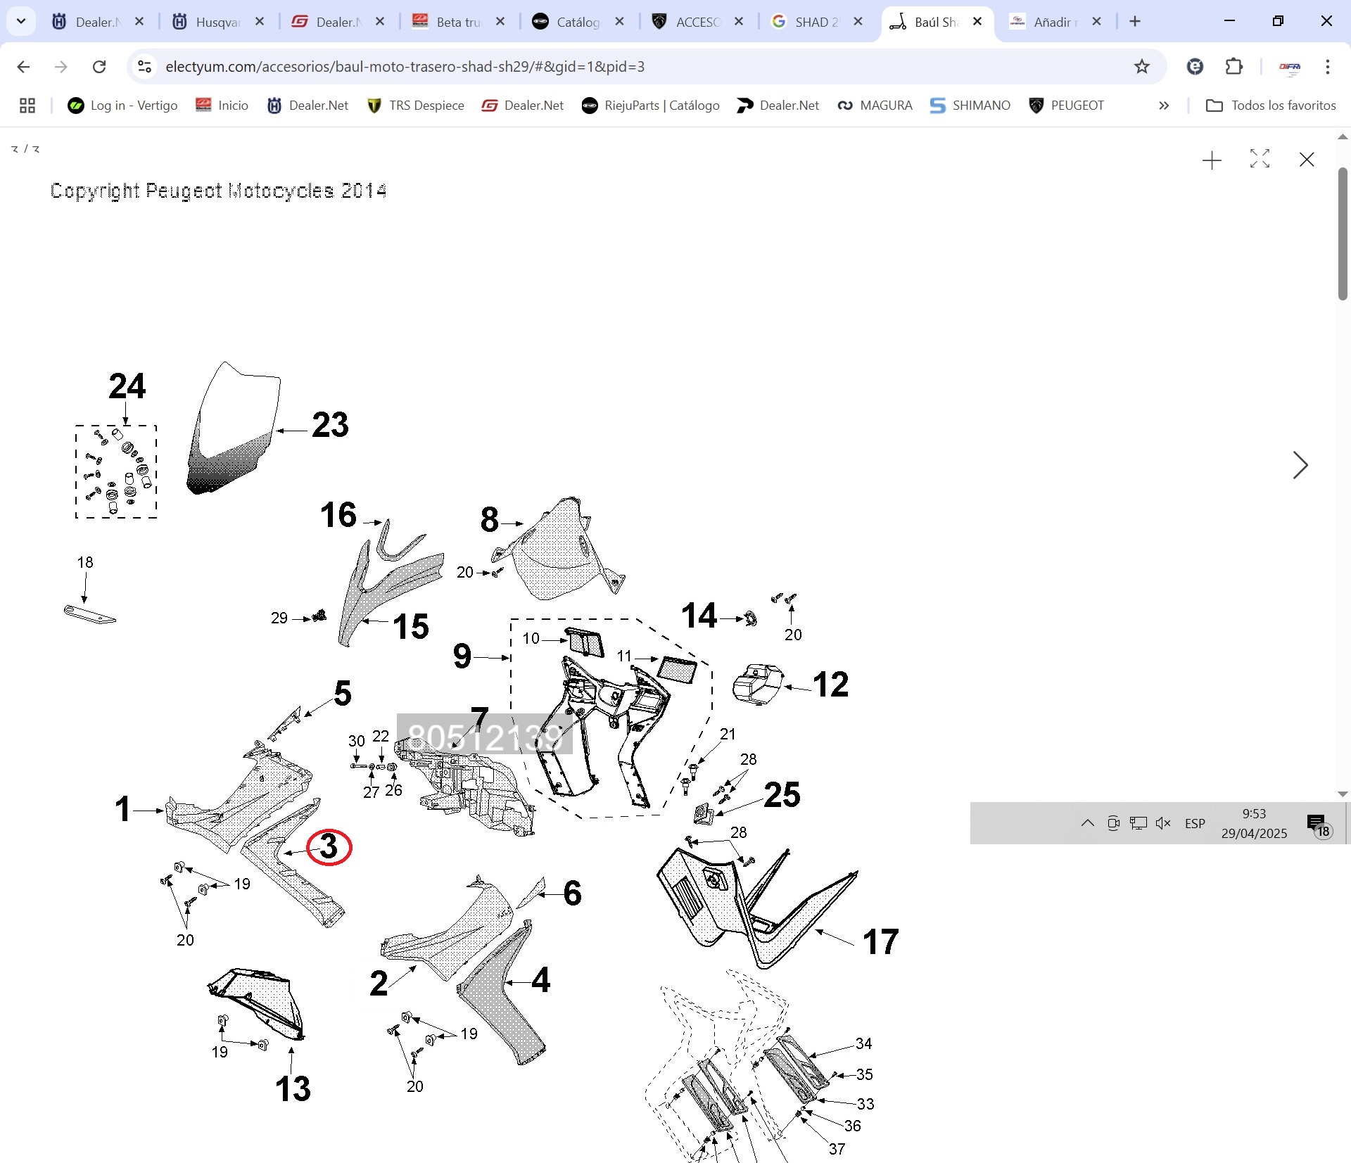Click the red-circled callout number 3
click(329, 847)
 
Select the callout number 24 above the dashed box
click(127, 386)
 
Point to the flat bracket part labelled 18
click(89, 615)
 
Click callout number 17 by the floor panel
click(880, 942)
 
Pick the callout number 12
click(830, 685)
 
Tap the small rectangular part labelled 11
click(677, 669)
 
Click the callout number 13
click(293, 1089)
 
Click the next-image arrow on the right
click(1300, 465)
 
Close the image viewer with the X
click(1307, 160)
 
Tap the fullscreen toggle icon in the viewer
click(1260, 159)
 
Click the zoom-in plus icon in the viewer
click(1212, 160)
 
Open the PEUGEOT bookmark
click(1067, 106)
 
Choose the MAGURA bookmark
click(875, 106)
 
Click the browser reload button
click(99, 67)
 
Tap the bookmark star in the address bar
click(1141, 67)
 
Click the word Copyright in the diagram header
click(95, 191)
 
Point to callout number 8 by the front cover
click(490, 520)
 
